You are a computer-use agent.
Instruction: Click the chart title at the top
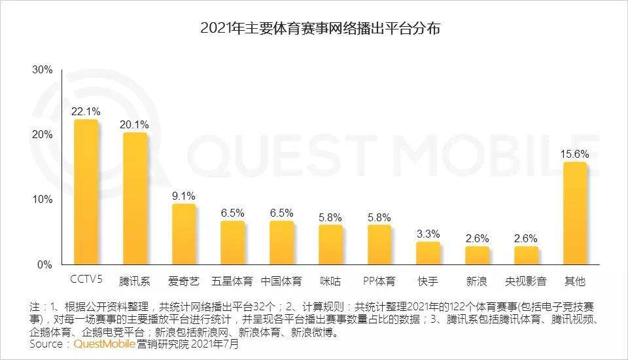(x=314, y=29)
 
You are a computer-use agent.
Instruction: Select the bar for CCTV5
(x=86, y=192)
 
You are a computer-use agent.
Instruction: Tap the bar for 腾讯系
(x=135, y=199)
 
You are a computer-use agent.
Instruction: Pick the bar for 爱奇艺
(x=183, y=234)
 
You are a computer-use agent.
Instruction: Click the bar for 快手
(x=428, y=253)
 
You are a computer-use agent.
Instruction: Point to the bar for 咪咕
(x=330, y=245)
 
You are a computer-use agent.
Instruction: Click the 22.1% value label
(x=85, y=111)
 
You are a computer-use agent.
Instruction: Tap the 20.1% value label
(x=134, y=124)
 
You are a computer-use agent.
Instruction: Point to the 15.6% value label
(x=574, y=154)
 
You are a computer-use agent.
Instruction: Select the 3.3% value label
(x=428, y=234)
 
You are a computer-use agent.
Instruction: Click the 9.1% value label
(x=183, y=196)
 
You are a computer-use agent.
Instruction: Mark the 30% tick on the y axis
(x=42, y=70)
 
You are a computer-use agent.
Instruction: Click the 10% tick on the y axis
(x=42, y=200)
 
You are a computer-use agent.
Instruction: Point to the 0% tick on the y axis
(x=44, y=265)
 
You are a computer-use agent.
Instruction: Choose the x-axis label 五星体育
(x=232, y=282)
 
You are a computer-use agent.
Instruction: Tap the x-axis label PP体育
(x=379, y=282)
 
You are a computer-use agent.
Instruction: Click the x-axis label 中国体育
(x=281, y=282)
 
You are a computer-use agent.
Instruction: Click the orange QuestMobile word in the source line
(x=105, y=344)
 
